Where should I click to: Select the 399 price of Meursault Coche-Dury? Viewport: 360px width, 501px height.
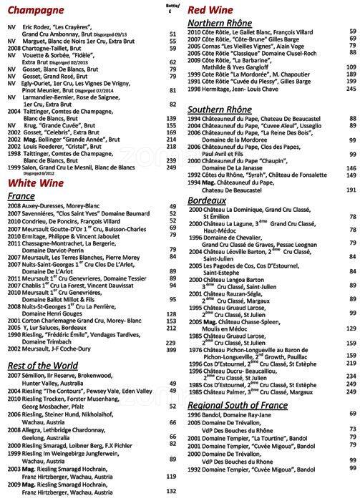[171, 350]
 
